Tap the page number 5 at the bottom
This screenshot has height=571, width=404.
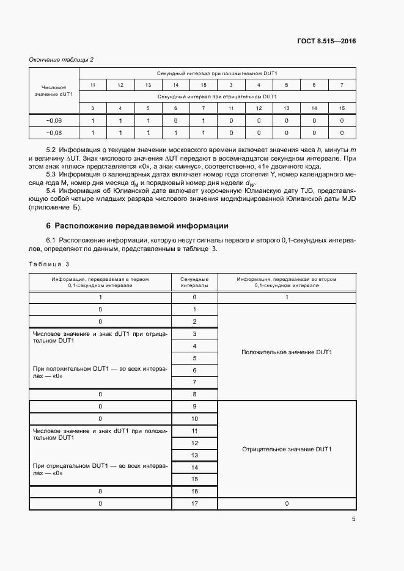click(353, 520)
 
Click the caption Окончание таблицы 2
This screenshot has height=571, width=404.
click(62, 59)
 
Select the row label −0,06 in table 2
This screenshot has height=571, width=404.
click(54, 121)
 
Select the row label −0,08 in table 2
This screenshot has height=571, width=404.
click(54, 133)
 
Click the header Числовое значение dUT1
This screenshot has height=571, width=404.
click(54, 91)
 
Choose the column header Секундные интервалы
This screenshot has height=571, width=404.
click(194, 282)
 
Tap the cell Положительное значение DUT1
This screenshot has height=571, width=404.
click(287, 352)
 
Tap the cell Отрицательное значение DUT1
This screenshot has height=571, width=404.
click(287, 449)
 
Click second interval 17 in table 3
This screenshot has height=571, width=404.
click(194, 504)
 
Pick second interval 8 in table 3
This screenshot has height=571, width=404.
click(194, 395)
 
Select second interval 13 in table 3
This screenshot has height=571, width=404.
click(194, 455)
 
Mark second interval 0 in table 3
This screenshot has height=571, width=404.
click(194, 297)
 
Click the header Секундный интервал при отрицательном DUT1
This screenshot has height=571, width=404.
click(217, 96)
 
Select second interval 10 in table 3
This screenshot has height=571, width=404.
click(194, 419)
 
